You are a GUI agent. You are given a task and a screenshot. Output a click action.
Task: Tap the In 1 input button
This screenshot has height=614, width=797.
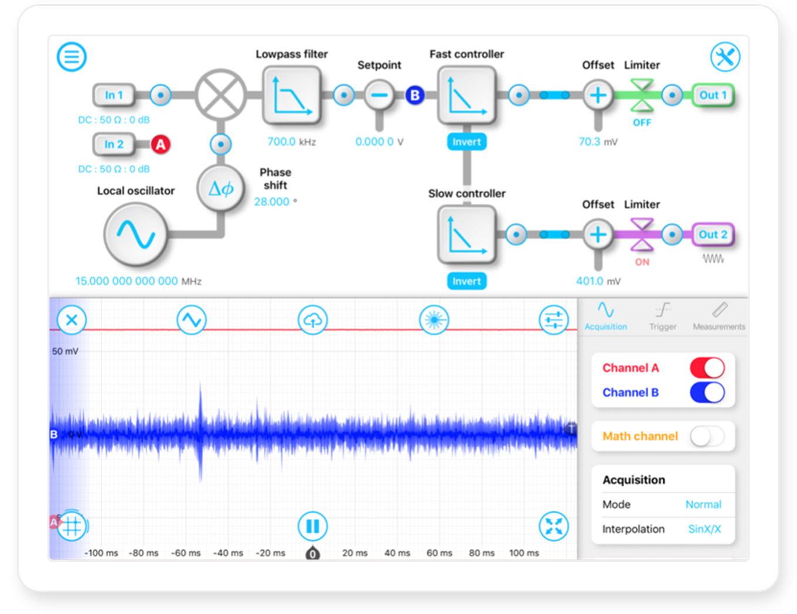click(x=114, y=95)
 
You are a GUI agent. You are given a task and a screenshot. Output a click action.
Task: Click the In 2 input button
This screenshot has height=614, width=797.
click(x=114, y=144)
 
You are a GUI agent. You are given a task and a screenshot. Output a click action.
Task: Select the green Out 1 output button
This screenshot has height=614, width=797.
click(x=713, y=95)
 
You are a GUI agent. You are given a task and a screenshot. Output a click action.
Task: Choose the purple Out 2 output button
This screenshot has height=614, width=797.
click(x=713, y=234)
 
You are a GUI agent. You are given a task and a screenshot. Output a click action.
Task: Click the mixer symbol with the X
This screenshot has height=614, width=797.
click(x=220, y=95)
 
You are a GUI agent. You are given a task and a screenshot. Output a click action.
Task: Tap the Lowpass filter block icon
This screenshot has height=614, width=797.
click(x=291, y=95)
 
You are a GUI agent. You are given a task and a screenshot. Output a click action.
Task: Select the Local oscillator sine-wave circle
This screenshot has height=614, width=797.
click(x=135, y=234)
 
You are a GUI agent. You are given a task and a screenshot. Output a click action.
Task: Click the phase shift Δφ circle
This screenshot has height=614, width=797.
click(x=220, y=188)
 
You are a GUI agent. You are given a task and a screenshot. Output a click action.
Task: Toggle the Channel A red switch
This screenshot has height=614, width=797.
click(x=707, y=368)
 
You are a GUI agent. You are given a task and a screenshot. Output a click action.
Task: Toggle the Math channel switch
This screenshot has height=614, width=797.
click(x=707, y=436)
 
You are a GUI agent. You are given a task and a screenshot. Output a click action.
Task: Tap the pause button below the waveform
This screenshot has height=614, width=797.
click(x=312, y=526)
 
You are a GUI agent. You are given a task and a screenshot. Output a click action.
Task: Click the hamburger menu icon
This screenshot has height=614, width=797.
click(x=71, y=57)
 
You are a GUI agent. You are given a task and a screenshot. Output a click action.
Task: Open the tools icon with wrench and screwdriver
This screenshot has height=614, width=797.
click(x=725, y=57)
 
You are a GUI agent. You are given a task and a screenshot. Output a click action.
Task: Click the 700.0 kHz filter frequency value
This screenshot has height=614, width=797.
click(x=282, y=142)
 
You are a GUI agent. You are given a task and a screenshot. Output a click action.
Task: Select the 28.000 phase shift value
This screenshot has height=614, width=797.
click(x=272, y=202)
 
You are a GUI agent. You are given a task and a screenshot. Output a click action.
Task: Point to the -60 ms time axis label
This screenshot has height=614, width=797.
click(x=186, y=553)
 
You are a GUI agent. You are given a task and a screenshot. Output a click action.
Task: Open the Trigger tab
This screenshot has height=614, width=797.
click(x=662, y=316)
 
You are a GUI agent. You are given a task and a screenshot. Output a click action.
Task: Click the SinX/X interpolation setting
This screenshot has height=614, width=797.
click(x=704, y=529)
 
